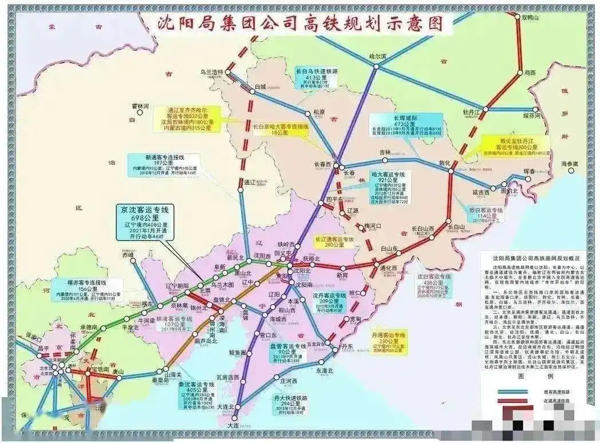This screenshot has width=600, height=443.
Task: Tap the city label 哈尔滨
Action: coord(378,56)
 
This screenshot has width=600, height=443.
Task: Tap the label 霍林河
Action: coord(140,106)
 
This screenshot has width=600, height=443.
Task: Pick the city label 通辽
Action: coord(248,183)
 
